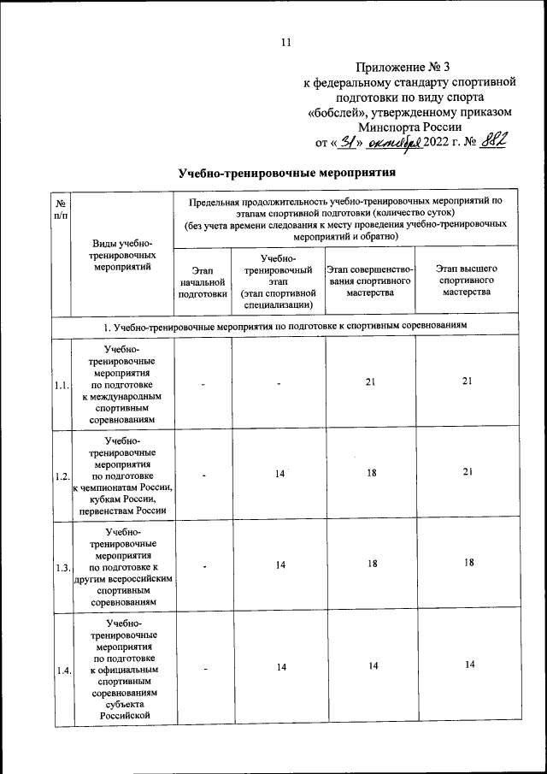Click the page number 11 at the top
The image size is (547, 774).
[285, 43]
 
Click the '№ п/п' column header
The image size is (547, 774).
[62, 210]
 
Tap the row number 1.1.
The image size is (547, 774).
[62, 386]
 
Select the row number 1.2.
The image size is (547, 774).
[62, 476]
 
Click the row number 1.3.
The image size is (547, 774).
[62, 567]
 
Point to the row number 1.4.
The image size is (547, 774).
[62, 671]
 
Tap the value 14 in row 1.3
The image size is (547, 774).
[280, 564]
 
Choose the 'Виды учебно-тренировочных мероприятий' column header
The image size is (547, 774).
[125, 255]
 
